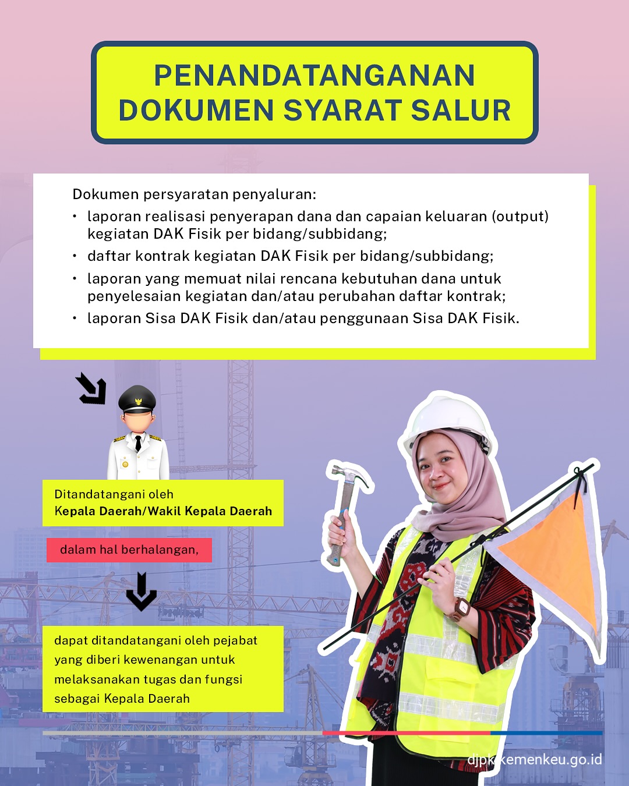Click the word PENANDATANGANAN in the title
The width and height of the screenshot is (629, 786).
coord(314,75)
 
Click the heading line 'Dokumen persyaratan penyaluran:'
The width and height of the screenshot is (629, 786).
coord(195,194)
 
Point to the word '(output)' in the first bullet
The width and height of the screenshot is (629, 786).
coord(520,217)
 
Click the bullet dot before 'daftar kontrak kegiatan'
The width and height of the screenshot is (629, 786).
coord(75,256)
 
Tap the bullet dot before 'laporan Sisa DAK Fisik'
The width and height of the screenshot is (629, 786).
coord(75,318)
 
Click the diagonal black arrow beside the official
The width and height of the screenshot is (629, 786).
coord(91,388)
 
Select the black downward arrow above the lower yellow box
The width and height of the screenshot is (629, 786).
coord(142,592)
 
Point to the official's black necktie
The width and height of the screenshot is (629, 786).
coord(138,444)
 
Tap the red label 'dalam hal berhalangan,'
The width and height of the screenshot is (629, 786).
coord(129,550)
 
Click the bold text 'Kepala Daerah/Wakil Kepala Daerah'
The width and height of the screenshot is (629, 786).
coord(163,511)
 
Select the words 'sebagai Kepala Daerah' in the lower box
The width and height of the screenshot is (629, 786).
coord(122,699)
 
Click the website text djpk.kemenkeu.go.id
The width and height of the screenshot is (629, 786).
coord(535,760)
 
